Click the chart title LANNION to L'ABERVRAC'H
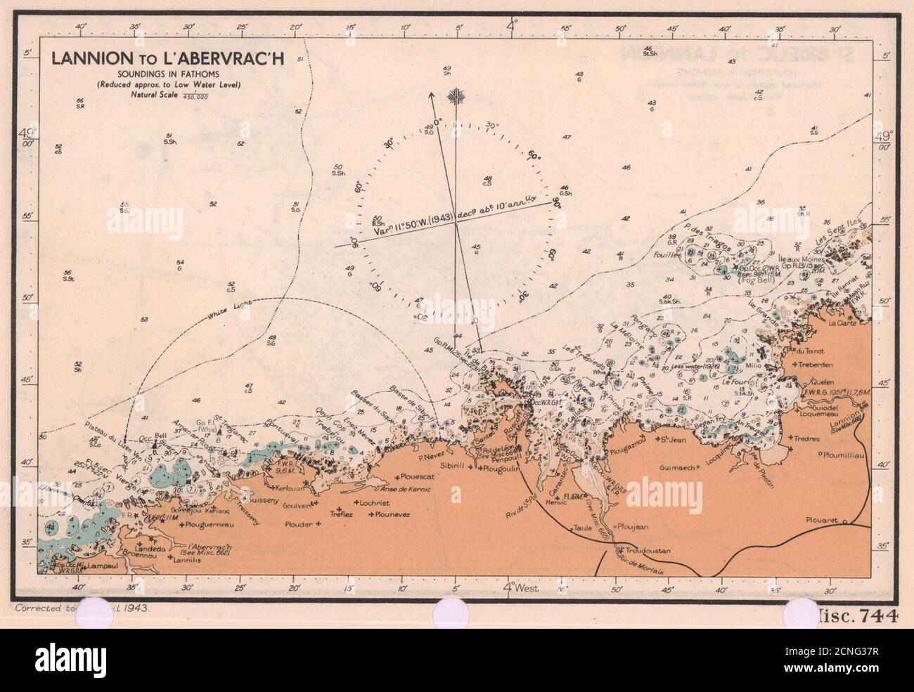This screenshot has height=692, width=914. click(x=167, y=59)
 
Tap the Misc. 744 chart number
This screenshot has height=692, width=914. click(x=858, y=617)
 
